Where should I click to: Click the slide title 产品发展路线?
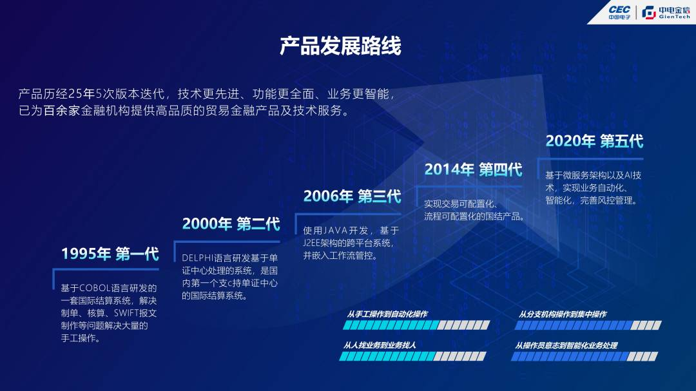point(340,46)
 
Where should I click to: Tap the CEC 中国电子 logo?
point(619,12)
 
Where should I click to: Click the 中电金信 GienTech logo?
point(666,12)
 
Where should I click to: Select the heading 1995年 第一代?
point(110,254)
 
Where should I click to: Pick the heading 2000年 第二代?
point(231,224)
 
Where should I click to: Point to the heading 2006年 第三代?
point(352,196)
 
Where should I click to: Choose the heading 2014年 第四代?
point(473,169)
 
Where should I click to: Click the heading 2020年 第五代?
point(594,141)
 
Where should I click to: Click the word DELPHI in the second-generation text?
point(198,258)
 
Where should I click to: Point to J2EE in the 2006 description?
point(312,243)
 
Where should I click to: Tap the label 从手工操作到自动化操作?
point(387,314)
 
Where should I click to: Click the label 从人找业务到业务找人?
point(380,345)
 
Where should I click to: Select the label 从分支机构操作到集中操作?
point(563,314)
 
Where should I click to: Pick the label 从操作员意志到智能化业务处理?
point(566,345)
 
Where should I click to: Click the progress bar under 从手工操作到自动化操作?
point(416,325)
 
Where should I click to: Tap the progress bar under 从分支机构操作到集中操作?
point(588,325)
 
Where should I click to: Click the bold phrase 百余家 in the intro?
point(61,111)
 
